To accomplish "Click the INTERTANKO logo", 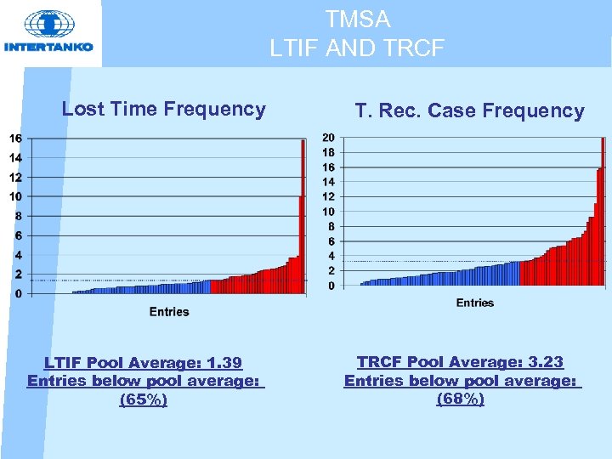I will pos(49,32).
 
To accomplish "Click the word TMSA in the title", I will pos(357,19).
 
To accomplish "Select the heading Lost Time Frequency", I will pos(164,109).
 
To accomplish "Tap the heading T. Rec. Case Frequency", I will pos(469,110).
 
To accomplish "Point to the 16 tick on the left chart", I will pos(15,139).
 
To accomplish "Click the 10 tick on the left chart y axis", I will pos(15,196).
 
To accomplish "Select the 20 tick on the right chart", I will pos(328,138).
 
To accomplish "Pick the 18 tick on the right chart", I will pos(328,152).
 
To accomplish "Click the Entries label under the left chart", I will pos(169,312).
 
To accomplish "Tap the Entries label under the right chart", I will pos(474,303).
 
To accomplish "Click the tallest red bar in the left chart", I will pos(303,217).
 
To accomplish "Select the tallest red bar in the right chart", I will pos(603,212).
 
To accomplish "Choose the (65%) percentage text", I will pos(144,399).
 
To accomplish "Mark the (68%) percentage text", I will pos(461,399).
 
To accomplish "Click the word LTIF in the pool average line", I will pos(65,364).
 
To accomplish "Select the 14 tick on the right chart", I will pos(328,182).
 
